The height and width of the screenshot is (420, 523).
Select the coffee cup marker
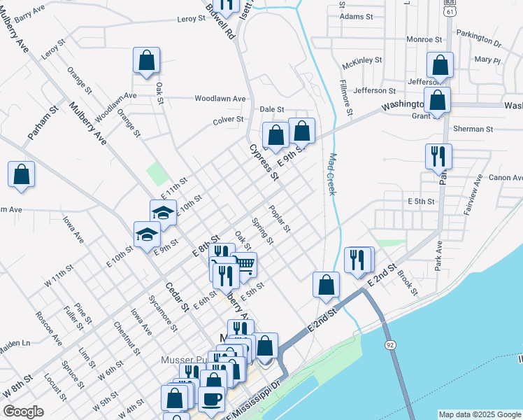(x=212, y=398)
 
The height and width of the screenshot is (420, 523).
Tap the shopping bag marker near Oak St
(x=147, y=61)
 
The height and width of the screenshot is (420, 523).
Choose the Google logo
(x=23, y=412)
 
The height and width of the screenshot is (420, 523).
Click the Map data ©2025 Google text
(x=480, y=414)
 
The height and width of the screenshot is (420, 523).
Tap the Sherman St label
(x=473, y=129)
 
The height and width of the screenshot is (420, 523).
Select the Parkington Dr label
(x=479, y=38)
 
